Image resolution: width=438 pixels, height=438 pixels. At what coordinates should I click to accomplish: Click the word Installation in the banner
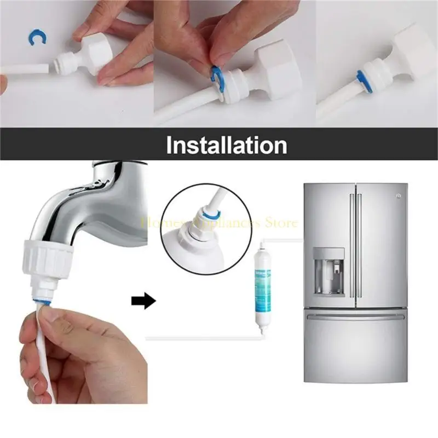click(x=226, y=146)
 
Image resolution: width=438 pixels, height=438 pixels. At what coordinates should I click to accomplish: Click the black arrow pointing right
click(x=145, y=301)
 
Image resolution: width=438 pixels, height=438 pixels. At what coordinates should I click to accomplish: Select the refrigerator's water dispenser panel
click(x=328, y=272)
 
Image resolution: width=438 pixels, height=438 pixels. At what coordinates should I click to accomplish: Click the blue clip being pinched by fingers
click(x=215, y=76)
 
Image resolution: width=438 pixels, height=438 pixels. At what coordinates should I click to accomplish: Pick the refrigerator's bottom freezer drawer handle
click(x=356, y=316)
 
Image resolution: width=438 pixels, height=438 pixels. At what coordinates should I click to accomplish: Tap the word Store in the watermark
click(x=282, y=223)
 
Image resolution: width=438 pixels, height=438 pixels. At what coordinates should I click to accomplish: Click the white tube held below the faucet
click(x=41, y=350)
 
